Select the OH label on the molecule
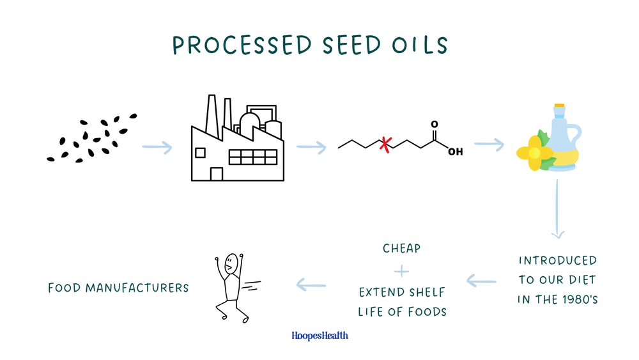click(455, 152)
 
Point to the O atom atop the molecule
click(435, 125)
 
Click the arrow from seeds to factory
click(157, 148)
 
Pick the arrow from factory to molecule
click(311, 148)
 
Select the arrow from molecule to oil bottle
click(489, 145)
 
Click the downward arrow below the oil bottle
click(558, 211)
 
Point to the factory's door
click(217, 174)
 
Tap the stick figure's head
click(231, 263)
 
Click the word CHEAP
click(401, 248)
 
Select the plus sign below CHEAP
click(401, 271)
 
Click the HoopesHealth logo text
click(319, 335)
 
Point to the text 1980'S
click(573, 299)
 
